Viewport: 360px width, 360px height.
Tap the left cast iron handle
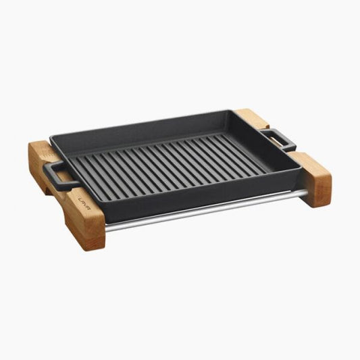[x=53, y=176]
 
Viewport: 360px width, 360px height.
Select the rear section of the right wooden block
[x=251, y=118]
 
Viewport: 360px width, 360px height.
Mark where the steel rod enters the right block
[x=305, y=193]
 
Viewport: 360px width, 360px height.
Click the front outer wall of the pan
[x=203, y=196]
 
